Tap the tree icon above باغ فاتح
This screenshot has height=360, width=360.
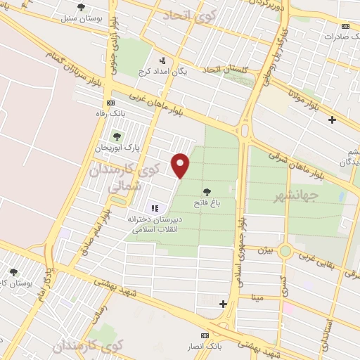[207, 191]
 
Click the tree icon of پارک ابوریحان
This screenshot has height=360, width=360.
[117, 136]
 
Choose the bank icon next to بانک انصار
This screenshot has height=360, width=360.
[205, 335]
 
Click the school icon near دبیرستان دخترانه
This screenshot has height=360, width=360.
[155, 208]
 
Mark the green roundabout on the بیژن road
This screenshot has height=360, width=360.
[285, 250]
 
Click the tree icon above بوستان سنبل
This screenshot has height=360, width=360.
[81, 7]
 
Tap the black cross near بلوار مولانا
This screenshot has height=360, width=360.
[332, 120]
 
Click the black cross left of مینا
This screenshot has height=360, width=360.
[223, 304]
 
